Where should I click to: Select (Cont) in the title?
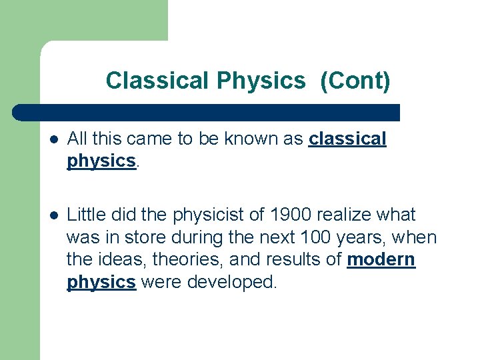click(x=355, y=81)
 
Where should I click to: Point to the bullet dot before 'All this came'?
click(x=53, y=139)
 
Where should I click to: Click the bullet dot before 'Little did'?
click(x=53, y=215)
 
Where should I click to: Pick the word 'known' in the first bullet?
click(x=255, y=139)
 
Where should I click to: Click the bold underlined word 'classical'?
click(x=347, y=139)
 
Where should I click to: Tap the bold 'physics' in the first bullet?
click(x=101, y=161)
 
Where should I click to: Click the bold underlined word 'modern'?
click(x=381, y=259)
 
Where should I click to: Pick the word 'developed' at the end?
click(x=231, y=282)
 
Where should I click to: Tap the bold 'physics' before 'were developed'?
click(x=101, y=282)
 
